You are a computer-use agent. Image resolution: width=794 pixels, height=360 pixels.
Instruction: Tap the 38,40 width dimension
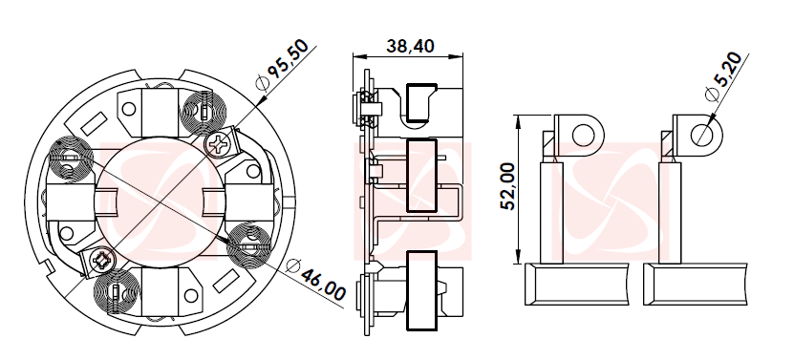(x=410, y=45)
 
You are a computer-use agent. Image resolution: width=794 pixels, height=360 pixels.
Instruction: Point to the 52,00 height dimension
(x=507, y=186)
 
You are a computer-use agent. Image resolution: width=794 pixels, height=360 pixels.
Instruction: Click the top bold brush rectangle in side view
(x=420, y=104)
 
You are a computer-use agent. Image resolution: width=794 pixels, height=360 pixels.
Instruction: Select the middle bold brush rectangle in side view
(x=421, y=177)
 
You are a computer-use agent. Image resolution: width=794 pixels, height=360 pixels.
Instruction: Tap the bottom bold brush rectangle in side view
(x=421, y=290)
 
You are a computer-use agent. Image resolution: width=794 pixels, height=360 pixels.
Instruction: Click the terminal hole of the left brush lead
(x=581, y=132)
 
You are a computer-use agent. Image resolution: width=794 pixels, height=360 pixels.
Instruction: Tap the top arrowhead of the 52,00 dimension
(x=519, y=118)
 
